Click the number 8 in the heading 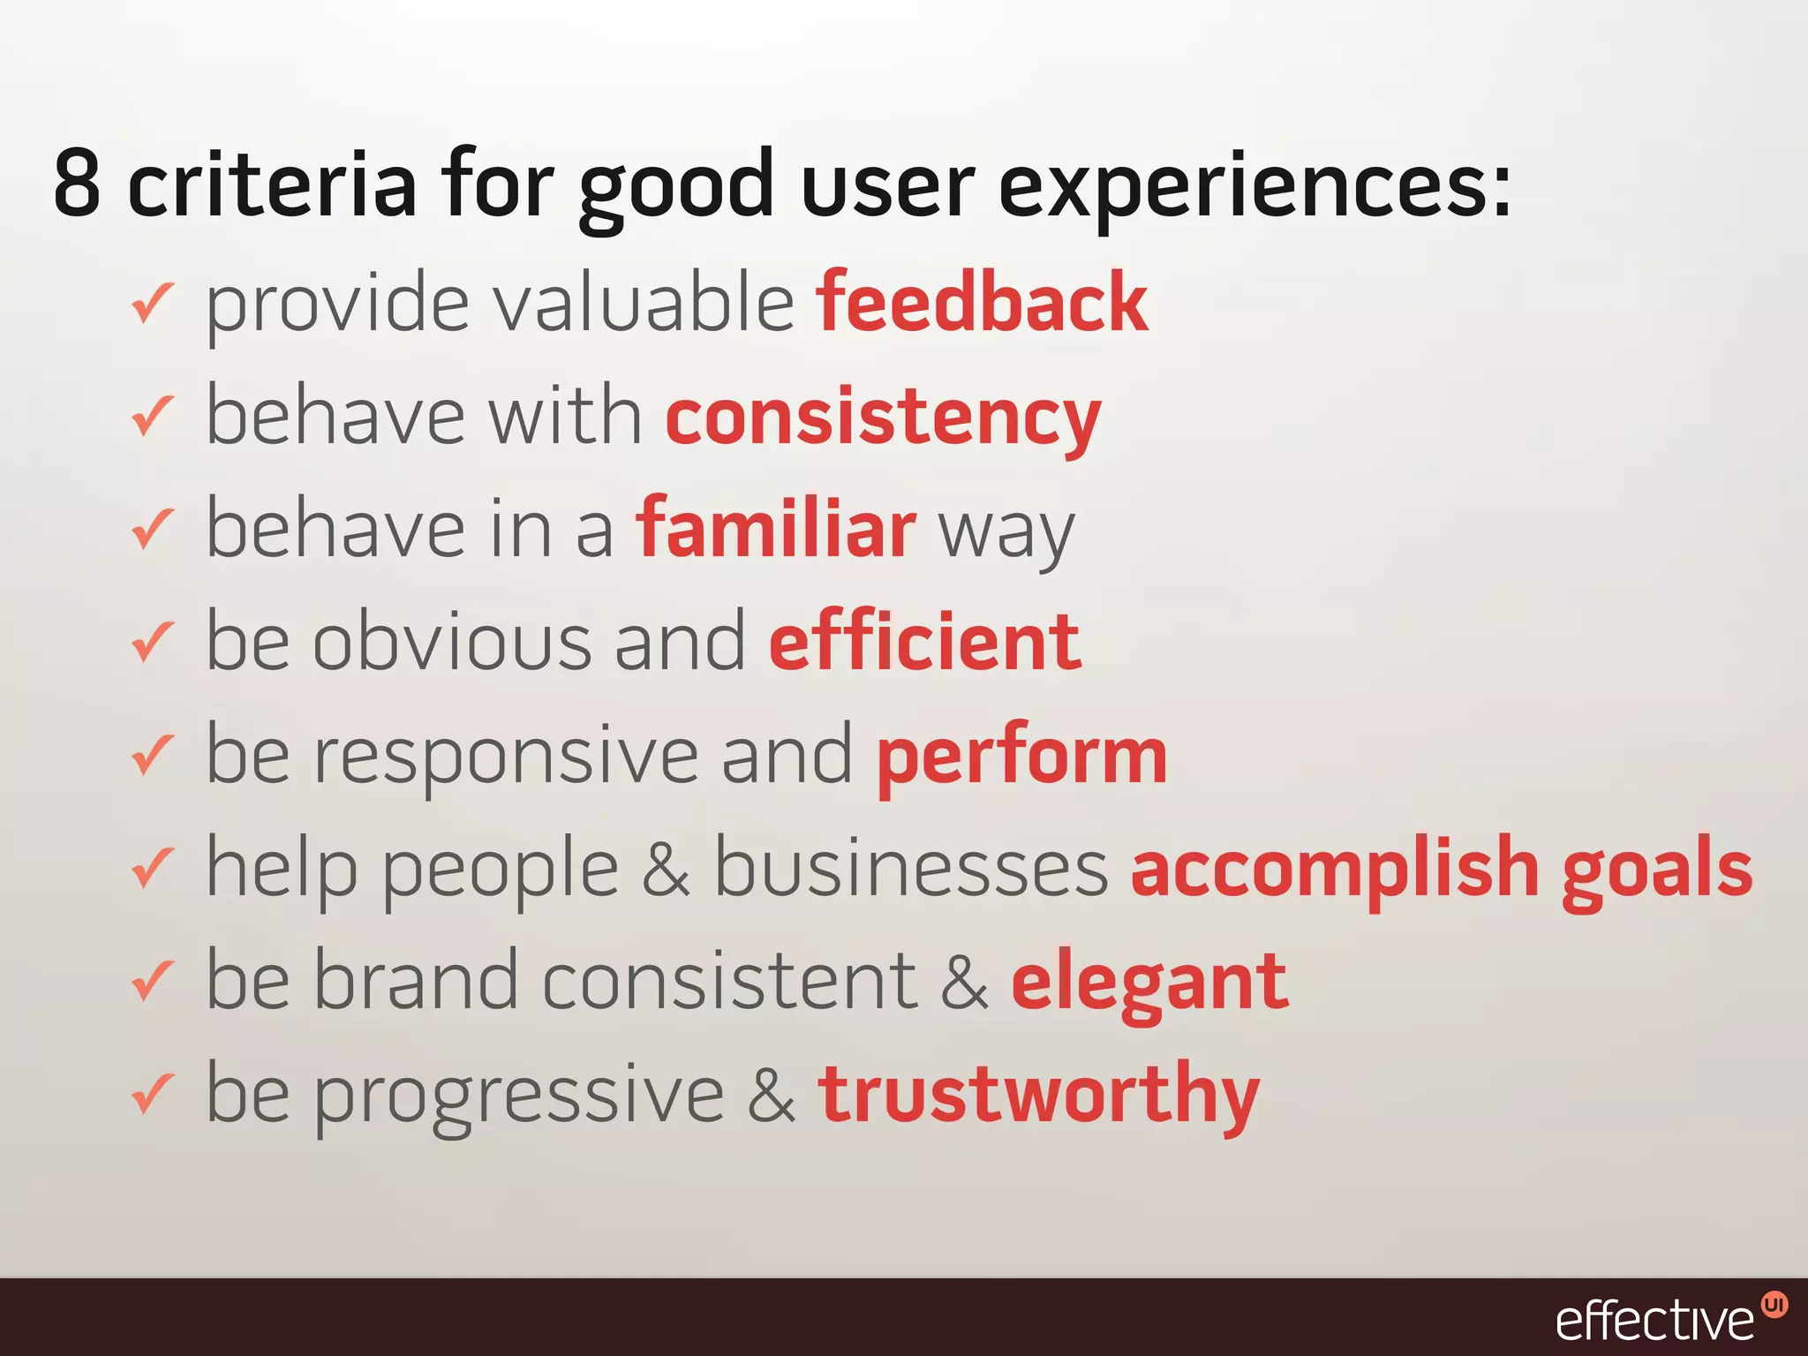coord(78,184)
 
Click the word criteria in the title coord(271,184)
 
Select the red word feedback coord(982,303)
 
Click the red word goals coord(1657,870)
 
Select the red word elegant coord(1149,983)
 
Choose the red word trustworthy coord(1038,1096)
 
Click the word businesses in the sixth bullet coord(910,869)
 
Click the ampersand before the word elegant coord(964,983)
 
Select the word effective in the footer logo coord(1654,1321)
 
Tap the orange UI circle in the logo coord(1774,1305)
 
